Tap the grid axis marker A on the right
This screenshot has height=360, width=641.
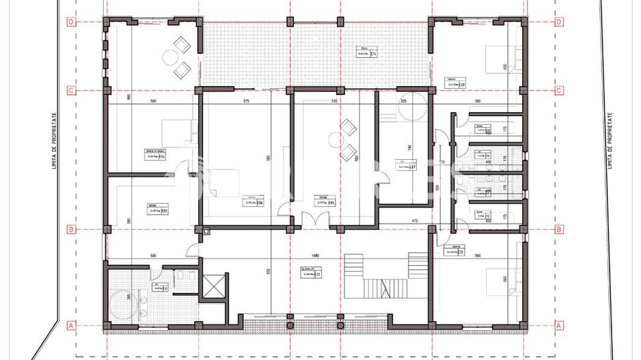coord(560,325)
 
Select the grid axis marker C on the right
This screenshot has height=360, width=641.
coord(560,90)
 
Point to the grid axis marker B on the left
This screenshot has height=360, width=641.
coord(71,230)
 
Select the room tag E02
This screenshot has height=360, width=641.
coord(154,211)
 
